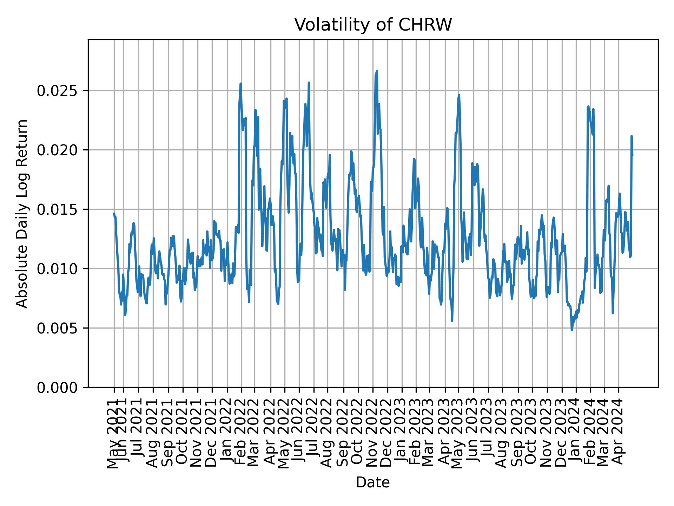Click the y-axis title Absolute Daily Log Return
[22, 213]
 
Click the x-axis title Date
[373, 482]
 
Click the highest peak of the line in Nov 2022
[377, 71]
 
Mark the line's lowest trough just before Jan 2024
[572, 330]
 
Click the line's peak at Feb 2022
[241, 84]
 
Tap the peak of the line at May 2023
[459, 95]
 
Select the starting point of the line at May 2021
[114, 213]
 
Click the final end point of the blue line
[632, 155]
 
